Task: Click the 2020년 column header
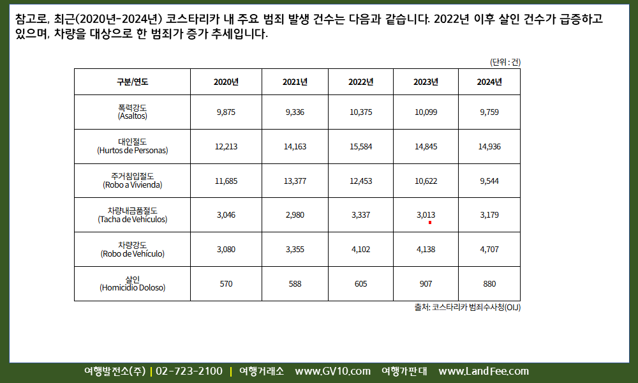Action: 226,82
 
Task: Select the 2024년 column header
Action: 489,82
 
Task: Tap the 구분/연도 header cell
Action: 132,82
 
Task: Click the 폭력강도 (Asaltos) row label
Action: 132,112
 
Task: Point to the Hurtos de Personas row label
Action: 132,151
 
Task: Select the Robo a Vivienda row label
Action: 132,185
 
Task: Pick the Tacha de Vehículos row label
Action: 132,219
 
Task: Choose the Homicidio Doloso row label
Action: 132,287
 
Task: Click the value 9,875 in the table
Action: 226,112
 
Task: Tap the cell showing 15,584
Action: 360,146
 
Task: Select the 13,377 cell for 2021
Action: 295,181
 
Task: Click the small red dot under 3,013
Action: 430,223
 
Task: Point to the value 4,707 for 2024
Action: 489,249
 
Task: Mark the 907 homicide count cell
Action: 426,283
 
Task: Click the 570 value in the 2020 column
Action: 226,283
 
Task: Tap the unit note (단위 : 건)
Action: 505,62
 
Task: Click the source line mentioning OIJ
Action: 467,307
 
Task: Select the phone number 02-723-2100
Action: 189,372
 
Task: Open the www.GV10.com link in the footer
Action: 332,372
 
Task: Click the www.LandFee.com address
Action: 484,372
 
